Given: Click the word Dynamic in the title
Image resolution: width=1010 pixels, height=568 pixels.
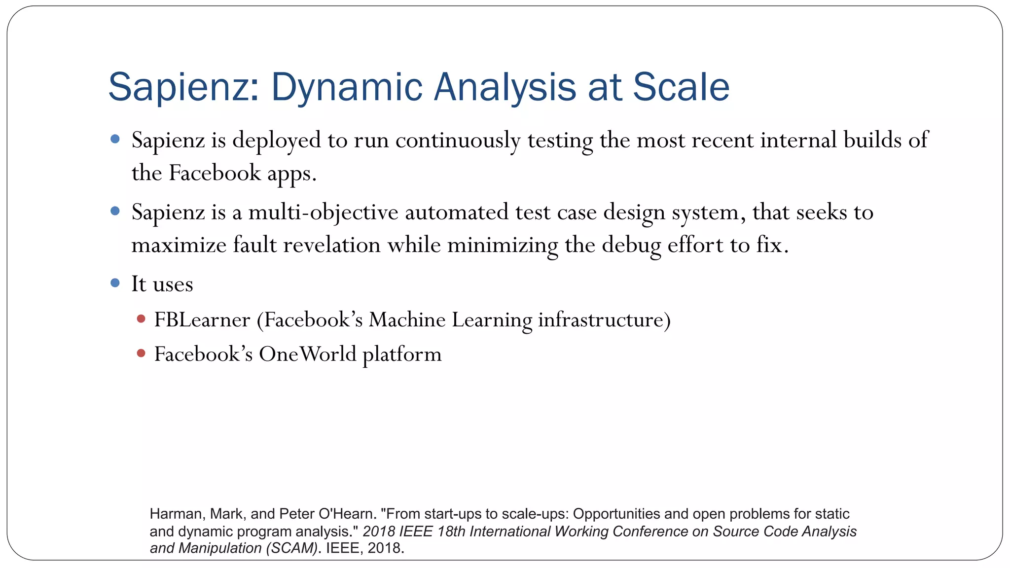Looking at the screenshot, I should [x=347, y=87].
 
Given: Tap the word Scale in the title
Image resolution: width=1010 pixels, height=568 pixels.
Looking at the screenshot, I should [x=681, y=87].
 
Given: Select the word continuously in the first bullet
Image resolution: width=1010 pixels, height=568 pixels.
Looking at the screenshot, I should [x=457, y=141].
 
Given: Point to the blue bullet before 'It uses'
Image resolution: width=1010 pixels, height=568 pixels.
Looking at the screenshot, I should [x=115, y=283].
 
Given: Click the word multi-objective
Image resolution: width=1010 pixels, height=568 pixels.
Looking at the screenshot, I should [x=323, y=213].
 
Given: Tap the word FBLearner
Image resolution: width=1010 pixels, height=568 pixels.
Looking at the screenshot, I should [x=202, y=320].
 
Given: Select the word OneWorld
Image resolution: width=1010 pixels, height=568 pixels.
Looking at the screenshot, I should [x=307, y=354].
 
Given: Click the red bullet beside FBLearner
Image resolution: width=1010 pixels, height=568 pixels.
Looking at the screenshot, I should [x=141, y=319].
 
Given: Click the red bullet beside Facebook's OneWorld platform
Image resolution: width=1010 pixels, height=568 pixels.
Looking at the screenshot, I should [x=141, y=353].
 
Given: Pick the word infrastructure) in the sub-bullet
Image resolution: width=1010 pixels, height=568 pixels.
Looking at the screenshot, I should [x=604, y=320].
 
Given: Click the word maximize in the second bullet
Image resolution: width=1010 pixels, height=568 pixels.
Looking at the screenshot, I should [x=179, y=245].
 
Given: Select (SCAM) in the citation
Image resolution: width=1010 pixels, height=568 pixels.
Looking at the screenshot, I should [x=291, y=548].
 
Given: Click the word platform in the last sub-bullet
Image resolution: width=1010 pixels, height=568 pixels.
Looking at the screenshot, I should [x=402, y=354].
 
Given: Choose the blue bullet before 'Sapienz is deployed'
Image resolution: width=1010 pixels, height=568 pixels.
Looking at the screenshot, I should [x=115, y=139].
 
